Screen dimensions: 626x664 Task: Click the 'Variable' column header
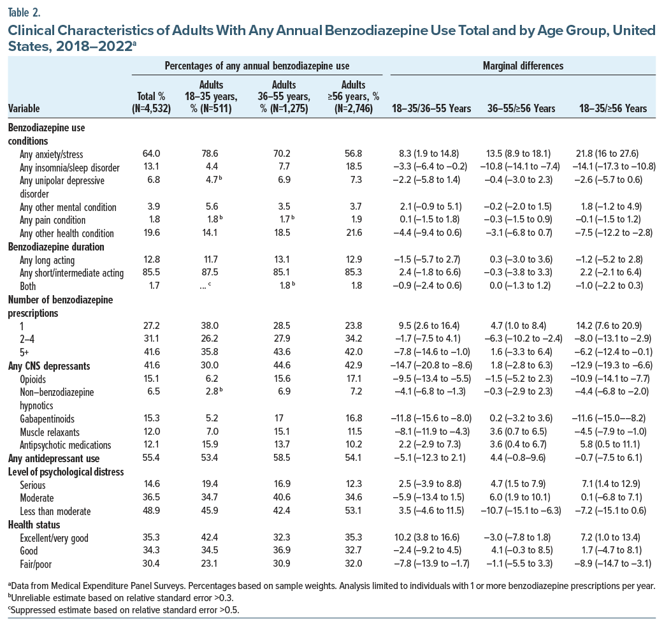[24, 108]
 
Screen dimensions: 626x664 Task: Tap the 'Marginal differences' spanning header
[523, 66]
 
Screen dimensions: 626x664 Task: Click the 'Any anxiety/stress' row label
[51, 154]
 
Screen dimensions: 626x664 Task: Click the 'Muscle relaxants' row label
[50, 432]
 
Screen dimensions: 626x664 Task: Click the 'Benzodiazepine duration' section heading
[55, 247]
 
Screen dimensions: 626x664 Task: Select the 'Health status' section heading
[34, 525]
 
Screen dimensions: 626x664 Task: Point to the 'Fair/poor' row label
[37, 564]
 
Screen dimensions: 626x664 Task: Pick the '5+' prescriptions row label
[26, 353]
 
